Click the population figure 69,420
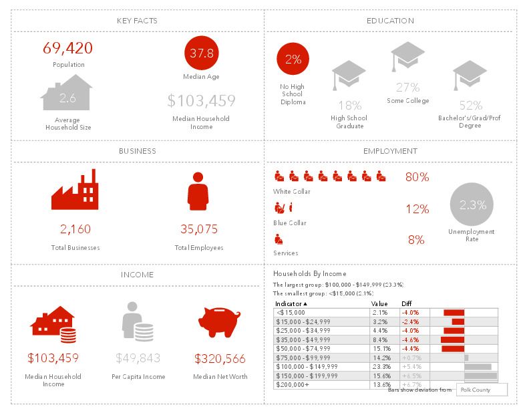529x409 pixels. click(x=67, y=48)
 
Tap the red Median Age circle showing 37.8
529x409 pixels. click(x=201, y=52)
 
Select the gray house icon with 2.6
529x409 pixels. click(x=67, y=94)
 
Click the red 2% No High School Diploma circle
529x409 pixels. click(x=293, y=59)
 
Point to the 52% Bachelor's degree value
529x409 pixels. click(x=471, y=106)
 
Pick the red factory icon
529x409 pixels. click(x=75, y=190)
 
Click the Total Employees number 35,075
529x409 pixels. click(x=199, y=229)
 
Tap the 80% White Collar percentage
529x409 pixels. click(x=417, y=177)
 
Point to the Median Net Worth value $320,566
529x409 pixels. click(x=220, y=358)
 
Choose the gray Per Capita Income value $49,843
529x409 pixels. click(x=138, y=358)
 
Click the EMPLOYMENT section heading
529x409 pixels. click(x=391, y=151)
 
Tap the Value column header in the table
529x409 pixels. click(x=379, y=303)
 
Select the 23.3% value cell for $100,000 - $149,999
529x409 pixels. click(x=381, y=366)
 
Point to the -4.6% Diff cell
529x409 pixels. click(x=410, y=339)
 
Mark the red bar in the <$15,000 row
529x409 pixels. click(x=454, y=312)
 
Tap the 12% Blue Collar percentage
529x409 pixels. click(x=417, y=209)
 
